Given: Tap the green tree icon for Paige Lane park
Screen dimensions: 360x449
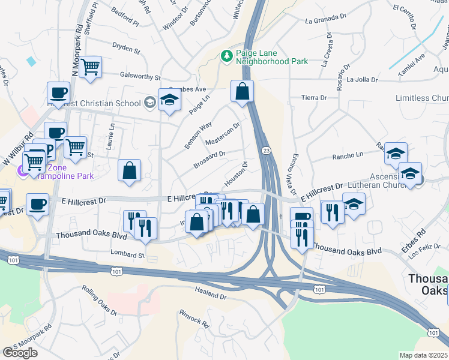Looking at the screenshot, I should (227, 56).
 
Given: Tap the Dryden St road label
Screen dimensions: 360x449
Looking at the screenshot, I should (126, 46).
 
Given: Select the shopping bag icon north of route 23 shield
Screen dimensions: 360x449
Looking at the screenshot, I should (243, 92).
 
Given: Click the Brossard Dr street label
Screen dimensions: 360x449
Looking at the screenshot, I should (209, 159).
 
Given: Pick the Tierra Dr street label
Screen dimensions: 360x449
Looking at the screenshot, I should (314, 97).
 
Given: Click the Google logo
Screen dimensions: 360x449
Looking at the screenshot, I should (20, 353).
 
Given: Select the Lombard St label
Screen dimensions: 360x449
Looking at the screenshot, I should (127, 255).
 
